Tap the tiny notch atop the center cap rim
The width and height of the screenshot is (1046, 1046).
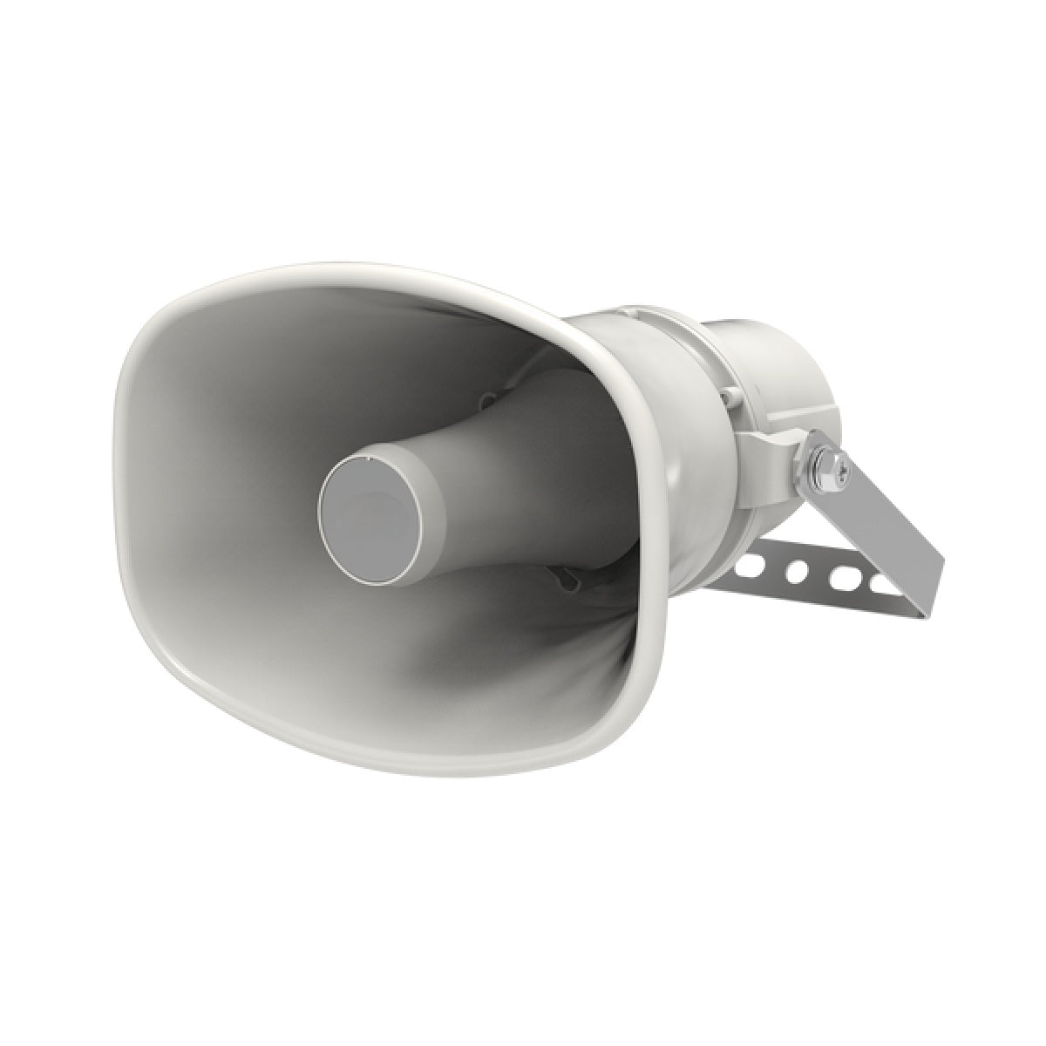[370, 457]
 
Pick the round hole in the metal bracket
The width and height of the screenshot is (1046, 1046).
[795, 573]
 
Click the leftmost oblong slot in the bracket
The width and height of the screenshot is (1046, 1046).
[747, 567]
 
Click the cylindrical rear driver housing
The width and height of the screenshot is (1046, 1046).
[767, 366]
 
